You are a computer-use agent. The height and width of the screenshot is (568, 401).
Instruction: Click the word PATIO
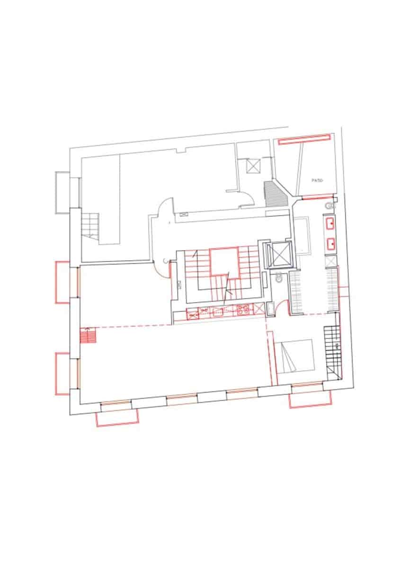(317, 180)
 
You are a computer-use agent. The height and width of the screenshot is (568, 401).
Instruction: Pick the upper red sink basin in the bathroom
(330, 223)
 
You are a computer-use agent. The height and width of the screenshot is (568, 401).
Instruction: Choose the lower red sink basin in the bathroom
(330, 244)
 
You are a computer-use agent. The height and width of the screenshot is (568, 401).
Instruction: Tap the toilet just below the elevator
(279, 279)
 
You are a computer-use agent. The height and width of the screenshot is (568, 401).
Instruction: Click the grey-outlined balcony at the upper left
(62, 193)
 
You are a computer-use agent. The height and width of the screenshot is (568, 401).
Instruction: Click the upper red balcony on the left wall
(63, 282)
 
